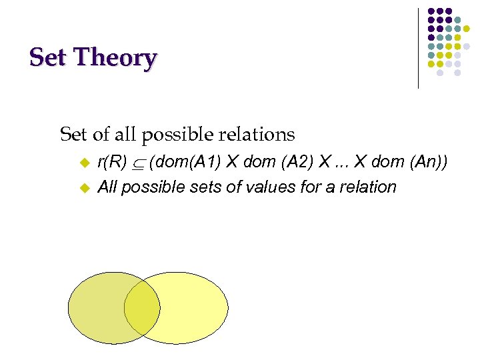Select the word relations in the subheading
point(257,134)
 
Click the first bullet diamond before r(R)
point(84,162)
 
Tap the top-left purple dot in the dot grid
point(431,12)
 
